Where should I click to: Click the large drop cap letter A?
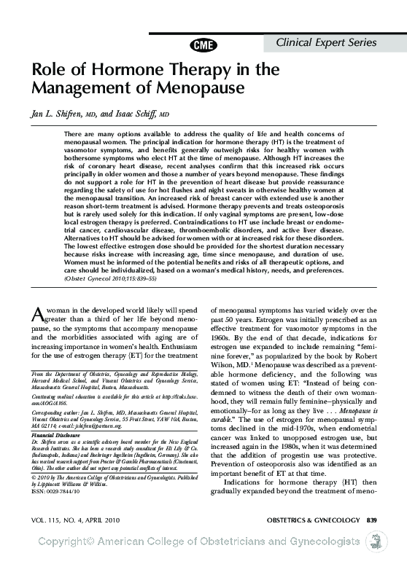[x=38, y=314]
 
